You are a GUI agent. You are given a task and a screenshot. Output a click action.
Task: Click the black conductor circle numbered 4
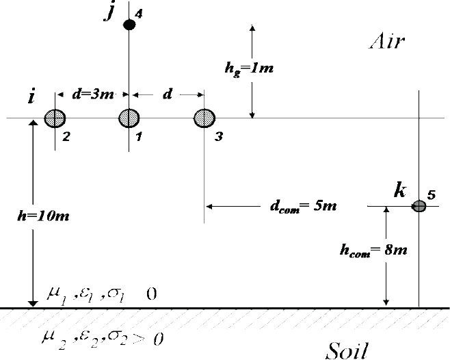point(129,25)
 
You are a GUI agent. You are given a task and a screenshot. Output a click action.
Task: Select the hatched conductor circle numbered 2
point(55,118)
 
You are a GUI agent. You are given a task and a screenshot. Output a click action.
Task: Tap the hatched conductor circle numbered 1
point(129,118)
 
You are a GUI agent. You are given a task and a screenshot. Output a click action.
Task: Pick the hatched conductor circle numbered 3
point(204,118)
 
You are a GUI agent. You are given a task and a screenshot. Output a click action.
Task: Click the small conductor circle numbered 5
point(419,205)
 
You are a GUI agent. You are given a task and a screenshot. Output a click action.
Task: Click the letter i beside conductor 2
point(31,97)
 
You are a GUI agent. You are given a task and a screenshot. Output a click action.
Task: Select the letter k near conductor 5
point(399,190)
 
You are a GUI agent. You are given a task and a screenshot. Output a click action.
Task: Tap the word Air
point(387,42)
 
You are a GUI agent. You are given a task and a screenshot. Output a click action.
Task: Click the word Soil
point(347,350)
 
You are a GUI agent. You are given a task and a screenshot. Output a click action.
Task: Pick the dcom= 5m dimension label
point(301,206)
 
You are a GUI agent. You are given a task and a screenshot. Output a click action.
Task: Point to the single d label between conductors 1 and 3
point(167,94)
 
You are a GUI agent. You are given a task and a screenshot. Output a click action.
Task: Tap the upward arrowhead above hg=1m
point(252,29)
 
